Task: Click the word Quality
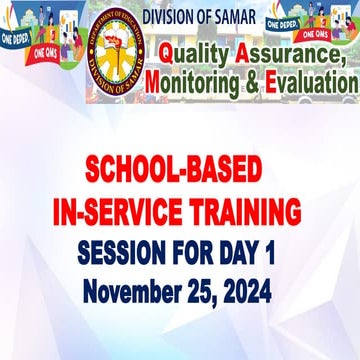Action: (x=190, y=56)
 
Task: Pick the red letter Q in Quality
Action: (x=161, y=56)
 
